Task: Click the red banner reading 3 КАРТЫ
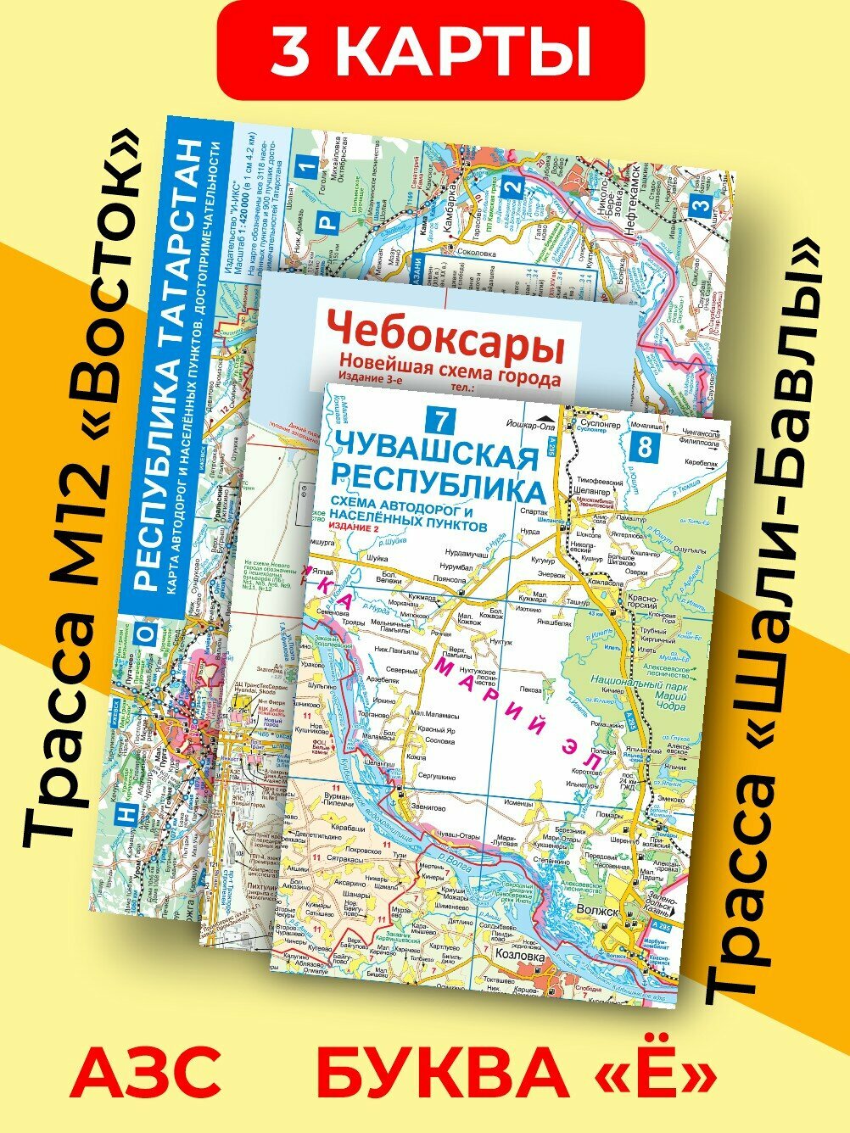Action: [430, 53]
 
